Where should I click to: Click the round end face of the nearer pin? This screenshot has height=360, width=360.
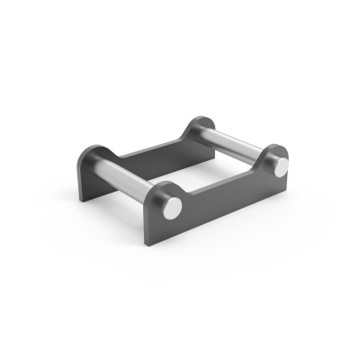(171, 207)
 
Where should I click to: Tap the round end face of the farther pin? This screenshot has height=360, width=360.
(281, 167)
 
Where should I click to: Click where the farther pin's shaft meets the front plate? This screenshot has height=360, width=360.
(263, 158)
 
